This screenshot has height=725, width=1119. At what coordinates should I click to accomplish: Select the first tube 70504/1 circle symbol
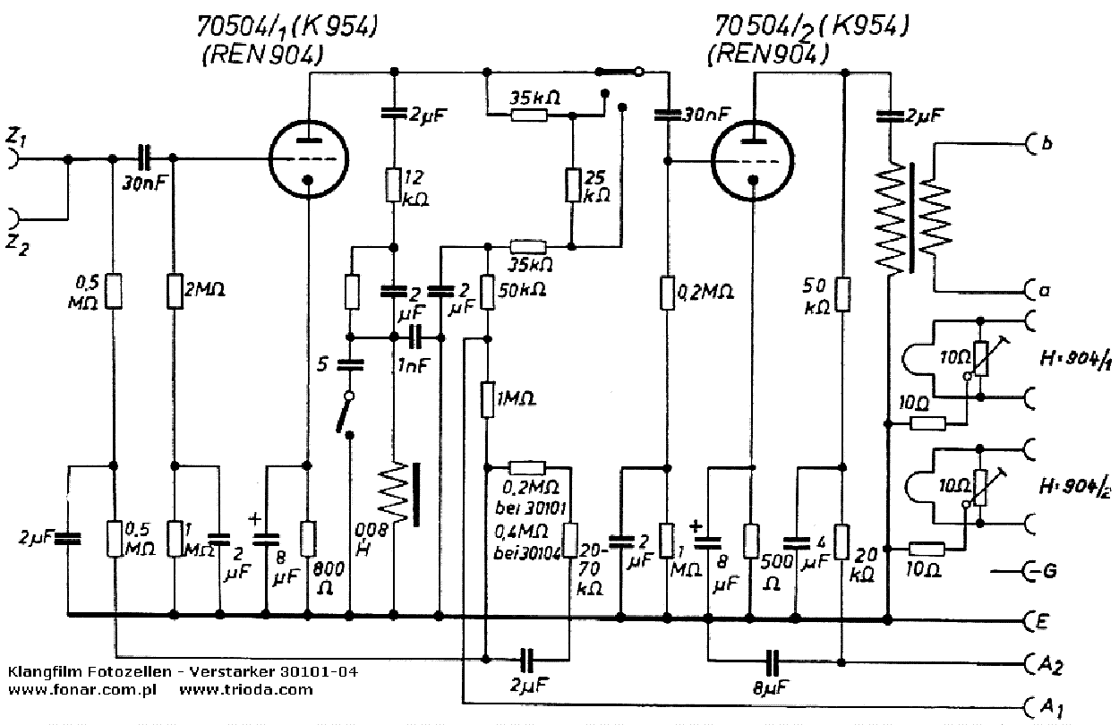(308, 158)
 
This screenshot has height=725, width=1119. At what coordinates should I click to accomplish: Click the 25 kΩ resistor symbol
(572, 183)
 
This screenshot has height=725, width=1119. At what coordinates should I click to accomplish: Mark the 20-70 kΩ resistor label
(592, 568)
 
